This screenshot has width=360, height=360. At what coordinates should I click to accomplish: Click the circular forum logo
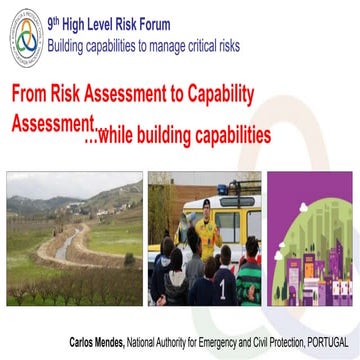pyautogui.click(x=30, y=38)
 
